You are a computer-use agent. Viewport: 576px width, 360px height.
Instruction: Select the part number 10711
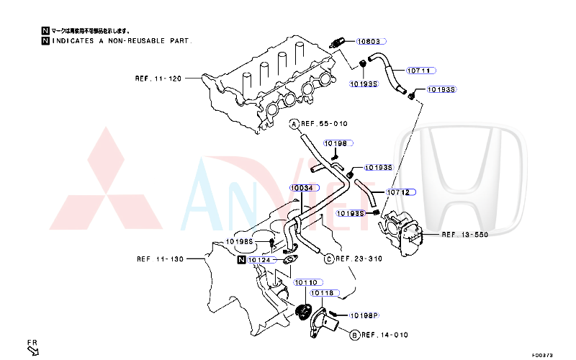[x=419, y=71]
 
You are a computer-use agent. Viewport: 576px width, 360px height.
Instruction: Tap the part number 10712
[x=398, y=192]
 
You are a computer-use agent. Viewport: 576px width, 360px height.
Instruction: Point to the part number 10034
[x=302, y=188]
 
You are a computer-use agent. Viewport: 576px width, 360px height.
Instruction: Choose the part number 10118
[x=323, y=293]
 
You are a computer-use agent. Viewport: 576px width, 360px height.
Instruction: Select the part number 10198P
[x=364, y=315]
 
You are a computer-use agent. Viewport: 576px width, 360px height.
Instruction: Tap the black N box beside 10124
[x=241, y=259]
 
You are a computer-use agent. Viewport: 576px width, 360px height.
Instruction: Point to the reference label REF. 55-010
[x=324, y=124]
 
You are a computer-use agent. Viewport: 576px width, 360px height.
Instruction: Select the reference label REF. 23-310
[x=359, y=258]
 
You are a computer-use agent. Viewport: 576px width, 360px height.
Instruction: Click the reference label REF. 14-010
[x=384, y=335]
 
